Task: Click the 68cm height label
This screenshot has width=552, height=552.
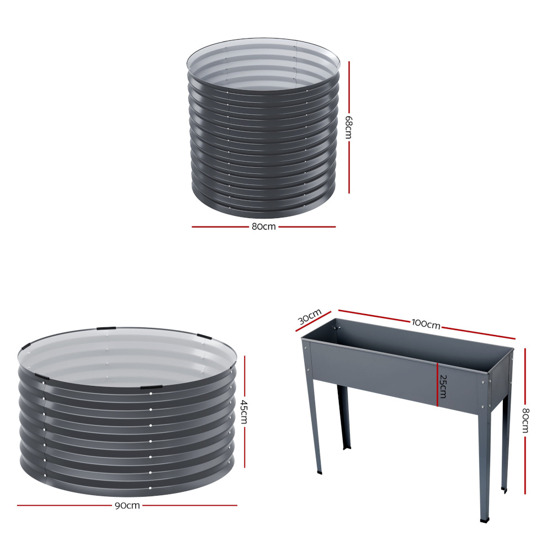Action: (348, 127)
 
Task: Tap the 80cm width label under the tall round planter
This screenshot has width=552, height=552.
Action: (264, 227)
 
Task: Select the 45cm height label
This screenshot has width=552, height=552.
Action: (244, 412)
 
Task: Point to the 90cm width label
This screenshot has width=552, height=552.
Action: (128, 506)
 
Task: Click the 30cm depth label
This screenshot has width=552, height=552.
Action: (310, 317)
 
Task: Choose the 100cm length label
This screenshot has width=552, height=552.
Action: (426, 324)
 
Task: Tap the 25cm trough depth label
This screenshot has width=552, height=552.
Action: (443, 386)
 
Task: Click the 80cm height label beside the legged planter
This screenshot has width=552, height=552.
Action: (526, 420)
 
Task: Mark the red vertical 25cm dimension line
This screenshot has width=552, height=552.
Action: (437, 384)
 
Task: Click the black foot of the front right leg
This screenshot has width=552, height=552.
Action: (485, 519)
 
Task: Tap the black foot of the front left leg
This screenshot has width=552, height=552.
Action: (319, 471)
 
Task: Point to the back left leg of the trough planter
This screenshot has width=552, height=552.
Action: (343, 417)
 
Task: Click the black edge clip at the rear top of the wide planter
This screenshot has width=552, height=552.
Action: (107, 328)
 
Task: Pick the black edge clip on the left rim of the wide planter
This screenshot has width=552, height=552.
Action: (25, 346)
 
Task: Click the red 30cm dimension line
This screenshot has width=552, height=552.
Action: (314, 321)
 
